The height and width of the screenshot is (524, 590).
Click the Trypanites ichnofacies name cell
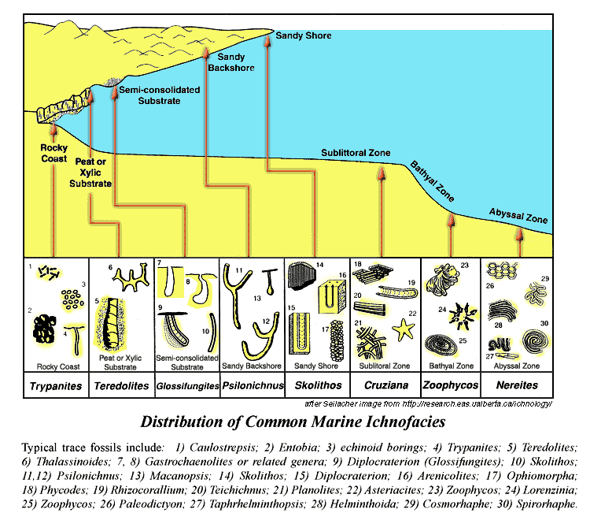click(x=56, y=385)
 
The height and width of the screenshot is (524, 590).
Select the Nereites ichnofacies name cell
click(x=517, y=385)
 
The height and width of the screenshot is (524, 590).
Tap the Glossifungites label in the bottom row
click(x=187, y=386)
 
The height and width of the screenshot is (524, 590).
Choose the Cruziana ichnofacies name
click(x=386, y=385)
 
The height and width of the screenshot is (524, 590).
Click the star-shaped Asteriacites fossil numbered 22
click(x=404, y=329)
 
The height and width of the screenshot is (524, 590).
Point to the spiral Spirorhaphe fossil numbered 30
click(x=535, y=342)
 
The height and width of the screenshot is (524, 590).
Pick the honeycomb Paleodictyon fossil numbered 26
click(x=502, y=270)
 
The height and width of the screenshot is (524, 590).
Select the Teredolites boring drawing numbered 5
click(x=111, y=324)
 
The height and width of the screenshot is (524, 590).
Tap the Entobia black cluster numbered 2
click(x=44, y=329)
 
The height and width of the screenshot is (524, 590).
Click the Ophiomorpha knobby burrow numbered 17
click(x=337, y=340)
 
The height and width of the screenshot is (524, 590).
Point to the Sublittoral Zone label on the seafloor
click(x=356, y=153)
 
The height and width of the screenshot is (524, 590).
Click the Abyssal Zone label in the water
click(x=518, y=216)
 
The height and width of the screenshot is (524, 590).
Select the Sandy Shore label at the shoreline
click(x=304, y=35)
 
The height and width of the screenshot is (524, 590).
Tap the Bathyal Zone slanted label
click(x=432, y=181)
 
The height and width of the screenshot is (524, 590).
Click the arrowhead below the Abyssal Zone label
click(x=520, y=234)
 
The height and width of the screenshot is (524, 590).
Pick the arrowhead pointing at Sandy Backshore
click(x=206, y=53)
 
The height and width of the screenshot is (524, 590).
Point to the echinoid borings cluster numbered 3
click(x=72, y=299)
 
